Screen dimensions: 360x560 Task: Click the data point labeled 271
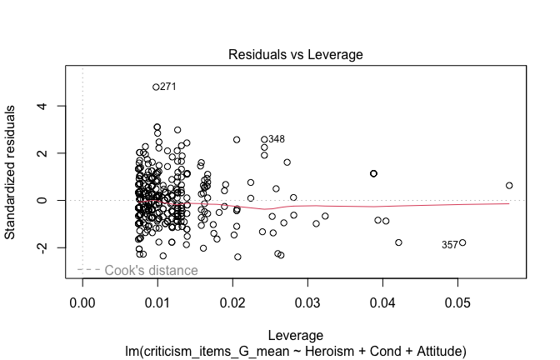click(x=156, y=87)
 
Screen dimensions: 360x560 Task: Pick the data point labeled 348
click(x=264, y=139)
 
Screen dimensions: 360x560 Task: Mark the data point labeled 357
click(x=462, y=242)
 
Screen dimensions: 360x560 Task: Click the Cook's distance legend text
click(x=151, y=270)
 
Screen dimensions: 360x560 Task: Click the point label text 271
click(x=168, y=87)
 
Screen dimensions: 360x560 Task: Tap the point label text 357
click(x=449, y=245)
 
